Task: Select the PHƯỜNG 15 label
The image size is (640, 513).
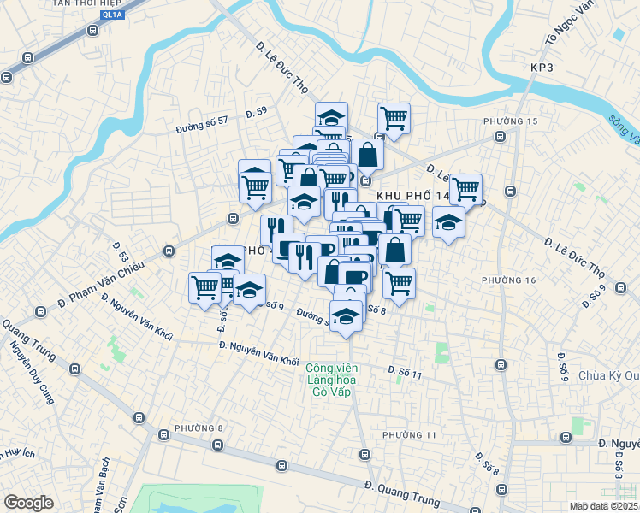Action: click(510, 121)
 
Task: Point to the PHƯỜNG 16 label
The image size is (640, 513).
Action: click(508, 280)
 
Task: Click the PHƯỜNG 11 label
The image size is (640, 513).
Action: click(409, 435)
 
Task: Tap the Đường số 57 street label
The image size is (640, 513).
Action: click(202, 121)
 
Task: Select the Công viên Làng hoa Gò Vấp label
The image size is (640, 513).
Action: click(329, 380)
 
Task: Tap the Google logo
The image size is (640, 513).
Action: click(28, 503)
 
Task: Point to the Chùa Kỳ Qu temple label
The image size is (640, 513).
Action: click(608, 375)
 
